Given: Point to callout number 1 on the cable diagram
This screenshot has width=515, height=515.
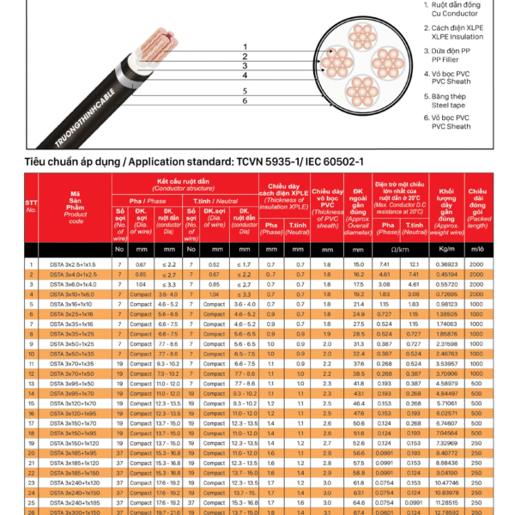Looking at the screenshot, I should tap(245, 45).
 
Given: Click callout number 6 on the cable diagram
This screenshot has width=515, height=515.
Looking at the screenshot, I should tap(245, 100).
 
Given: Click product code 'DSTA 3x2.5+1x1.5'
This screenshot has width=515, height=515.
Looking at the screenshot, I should tap(73, 264).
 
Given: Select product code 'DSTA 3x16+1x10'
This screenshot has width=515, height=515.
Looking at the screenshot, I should tap(73, 305).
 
